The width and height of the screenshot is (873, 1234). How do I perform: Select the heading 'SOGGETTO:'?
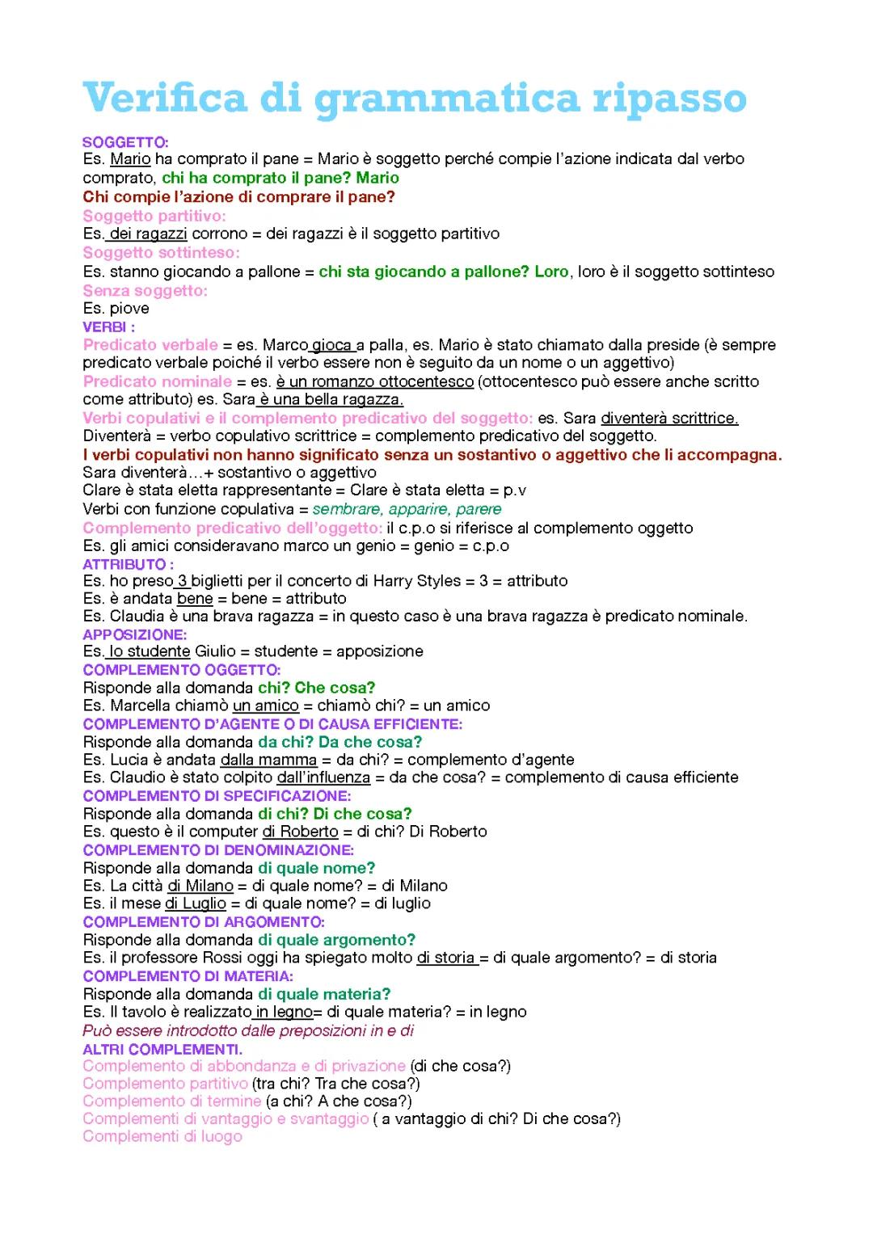(x=125, y=142)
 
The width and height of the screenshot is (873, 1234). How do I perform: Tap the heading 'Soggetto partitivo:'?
(x=154, y=216)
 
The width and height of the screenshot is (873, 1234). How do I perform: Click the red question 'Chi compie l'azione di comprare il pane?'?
(x=238, y=196)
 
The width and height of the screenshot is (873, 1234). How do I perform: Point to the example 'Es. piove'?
(x=116, y=308)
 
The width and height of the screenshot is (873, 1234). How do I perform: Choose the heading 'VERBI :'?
(x=108, y=326)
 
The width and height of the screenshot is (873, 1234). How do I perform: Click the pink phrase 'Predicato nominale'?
(x=157, y=381)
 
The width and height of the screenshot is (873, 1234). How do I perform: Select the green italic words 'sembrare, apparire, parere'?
(x=407, y=509)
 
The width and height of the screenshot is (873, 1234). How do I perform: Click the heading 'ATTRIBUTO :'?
(x=128, y=564)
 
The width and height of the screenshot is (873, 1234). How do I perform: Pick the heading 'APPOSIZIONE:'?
(x=134, y=634)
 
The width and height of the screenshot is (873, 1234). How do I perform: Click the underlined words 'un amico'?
(x=266, y=705)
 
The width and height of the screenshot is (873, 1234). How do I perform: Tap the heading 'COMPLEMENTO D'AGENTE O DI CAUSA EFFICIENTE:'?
(x=272, y=724)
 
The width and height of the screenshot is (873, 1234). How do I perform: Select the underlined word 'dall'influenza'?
(x=323, y=777)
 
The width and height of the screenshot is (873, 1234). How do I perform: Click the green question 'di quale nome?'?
(x=316, y=868)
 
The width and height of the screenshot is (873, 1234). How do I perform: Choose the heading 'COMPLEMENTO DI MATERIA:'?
(x=188, y=976)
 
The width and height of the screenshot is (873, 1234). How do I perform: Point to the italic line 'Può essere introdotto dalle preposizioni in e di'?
(x=248, y=1030)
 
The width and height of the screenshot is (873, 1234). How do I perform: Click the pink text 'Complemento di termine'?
(x=171, y=1101)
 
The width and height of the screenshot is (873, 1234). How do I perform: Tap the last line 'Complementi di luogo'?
(x=162, y=1136)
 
